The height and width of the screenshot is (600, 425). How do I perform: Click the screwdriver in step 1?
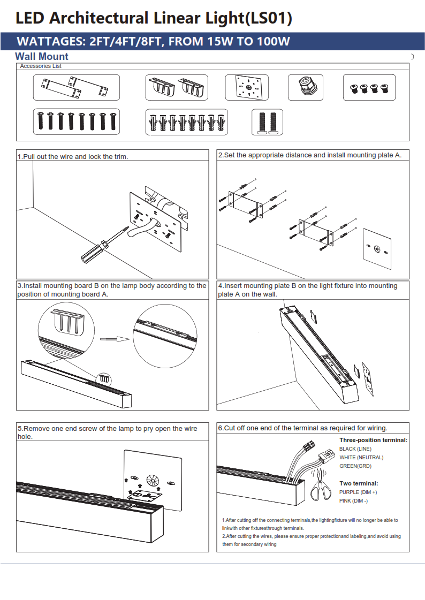102,247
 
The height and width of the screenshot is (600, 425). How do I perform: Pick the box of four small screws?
369,87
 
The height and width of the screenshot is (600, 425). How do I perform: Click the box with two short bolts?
267,123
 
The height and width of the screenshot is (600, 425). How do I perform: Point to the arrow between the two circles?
115,339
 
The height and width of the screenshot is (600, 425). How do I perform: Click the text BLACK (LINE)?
355,449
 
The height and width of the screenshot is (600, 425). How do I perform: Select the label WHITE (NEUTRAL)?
361,458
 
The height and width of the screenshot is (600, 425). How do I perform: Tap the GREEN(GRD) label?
355,466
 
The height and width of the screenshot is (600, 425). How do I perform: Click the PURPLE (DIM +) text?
358,492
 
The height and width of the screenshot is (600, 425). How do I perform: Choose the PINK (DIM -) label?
353,500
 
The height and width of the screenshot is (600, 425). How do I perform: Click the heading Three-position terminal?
373,440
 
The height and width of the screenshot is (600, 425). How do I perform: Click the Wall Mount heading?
42,57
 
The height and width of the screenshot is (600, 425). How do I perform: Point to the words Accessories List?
41,66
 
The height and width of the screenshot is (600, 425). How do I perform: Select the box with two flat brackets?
77,87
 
